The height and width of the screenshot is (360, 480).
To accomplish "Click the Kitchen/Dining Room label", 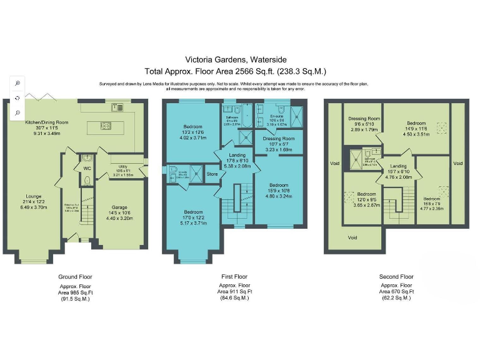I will tap(46, 122).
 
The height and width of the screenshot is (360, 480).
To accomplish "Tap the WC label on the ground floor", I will tap(87, 167).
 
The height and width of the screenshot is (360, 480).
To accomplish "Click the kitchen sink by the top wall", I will tap(117, 107).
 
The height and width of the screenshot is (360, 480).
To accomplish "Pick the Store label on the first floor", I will tap(212, 174).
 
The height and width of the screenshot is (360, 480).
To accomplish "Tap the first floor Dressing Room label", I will tap(279, 139).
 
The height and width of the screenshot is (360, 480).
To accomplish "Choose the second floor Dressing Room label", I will tap(364, 118).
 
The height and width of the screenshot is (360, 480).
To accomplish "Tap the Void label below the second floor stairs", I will tap(352, 237).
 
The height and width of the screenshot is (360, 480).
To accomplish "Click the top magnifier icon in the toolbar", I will tap(17, 82).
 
